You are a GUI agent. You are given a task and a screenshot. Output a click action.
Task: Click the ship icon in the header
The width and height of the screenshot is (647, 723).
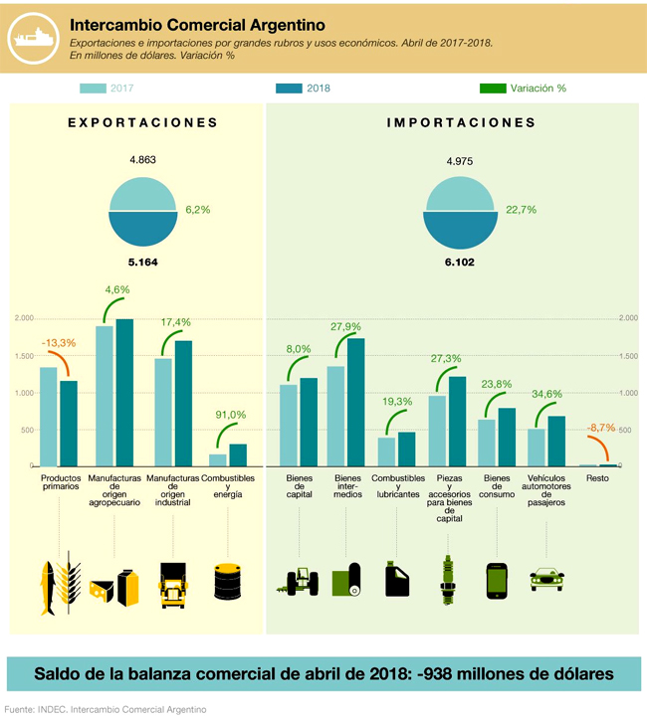tap(32, 37)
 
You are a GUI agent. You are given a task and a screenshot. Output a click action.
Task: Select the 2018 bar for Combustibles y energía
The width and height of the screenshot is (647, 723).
tap(238, 454)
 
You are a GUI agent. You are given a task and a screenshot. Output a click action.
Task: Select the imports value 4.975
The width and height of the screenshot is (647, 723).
tap(462, 160)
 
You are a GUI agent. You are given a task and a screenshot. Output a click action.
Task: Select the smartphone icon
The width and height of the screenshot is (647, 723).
tap(498, 582)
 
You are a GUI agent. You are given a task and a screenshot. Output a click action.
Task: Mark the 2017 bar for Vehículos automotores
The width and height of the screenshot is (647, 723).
tap(537, 448)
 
